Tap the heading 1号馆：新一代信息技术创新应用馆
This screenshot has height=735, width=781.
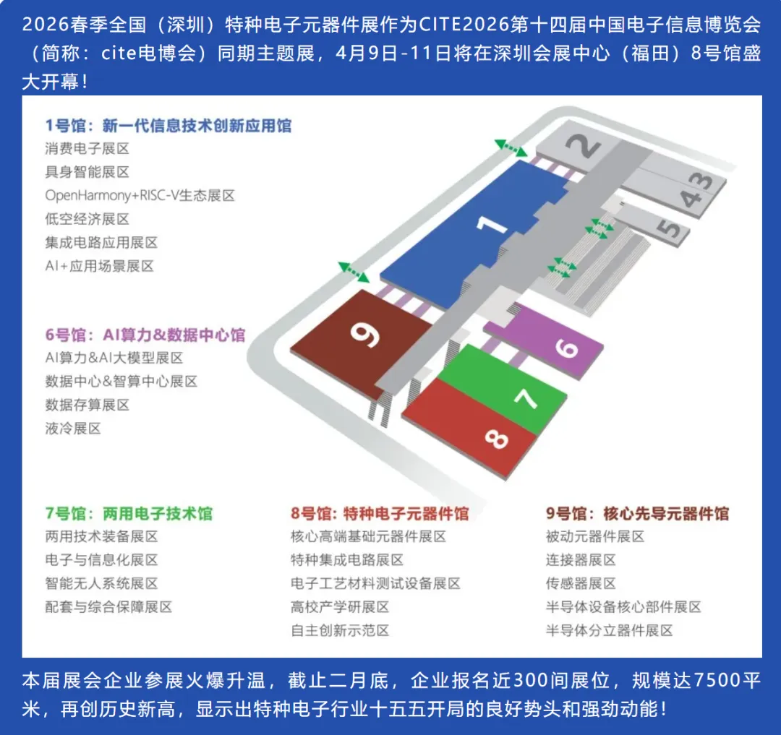[168, 126]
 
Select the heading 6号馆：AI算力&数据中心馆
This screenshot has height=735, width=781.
[145, 335]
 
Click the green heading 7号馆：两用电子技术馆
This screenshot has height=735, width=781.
[129, 514]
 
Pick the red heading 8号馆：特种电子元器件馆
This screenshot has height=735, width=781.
[380, 514]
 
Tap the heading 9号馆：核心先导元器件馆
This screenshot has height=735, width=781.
[637, 514]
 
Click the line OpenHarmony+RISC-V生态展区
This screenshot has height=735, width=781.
[140, 196]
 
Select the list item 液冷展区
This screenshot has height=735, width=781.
[73, 429]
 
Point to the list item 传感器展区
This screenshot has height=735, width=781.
[581, 583]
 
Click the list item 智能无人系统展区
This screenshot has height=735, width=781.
[101, 583]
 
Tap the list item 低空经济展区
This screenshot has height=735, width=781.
[87, 219]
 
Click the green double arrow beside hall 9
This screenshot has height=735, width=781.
[354, 272]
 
